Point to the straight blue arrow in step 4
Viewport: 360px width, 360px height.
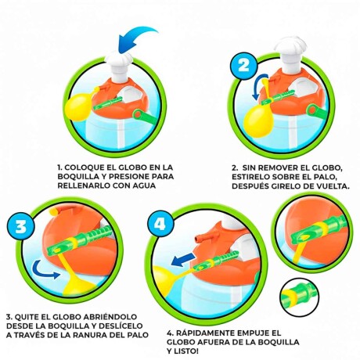pos(183,257)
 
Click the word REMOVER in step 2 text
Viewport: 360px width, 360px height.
pos(276,167)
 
